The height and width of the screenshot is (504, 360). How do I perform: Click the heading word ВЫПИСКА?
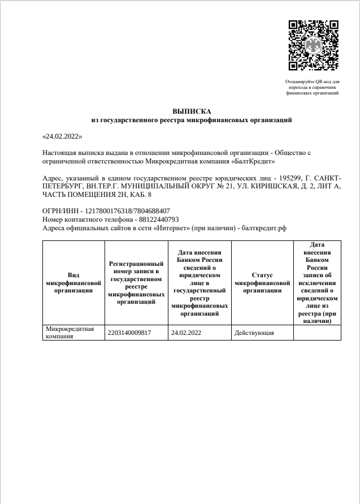[192, 111]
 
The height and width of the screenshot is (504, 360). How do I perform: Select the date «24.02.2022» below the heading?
[63, 136]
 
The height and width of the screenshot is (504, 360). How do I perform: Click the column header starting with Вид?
[73, 282]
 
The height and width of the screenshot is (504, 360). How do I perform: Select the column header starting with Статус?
[262, 282]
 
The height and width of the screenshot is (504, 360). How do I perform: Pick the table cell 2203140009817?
[129, 333]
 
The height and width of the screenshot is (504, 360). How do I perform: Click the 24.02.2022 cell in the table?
[186, 333]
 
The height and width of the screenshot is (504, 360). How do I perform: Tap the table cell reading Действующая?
[254, 333]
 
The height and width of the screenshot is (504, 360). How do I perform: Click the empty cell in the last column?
[317, 333]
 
